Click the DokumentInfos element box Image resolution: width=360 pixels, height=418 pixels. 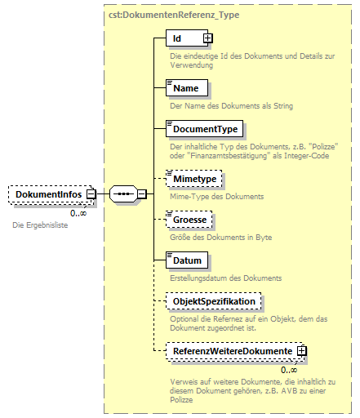point(47,194)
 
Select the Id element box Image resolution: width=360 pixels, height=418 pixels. point(184,38)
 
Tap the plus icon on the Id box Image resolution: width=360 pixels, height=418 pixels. point(207,38)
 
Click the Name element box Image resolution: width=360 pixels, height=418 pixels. point(185,87)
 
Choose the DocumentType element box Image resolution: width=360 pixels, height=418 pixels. point(204,129)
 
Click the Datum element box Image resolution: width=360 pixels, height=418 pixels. point(186,261)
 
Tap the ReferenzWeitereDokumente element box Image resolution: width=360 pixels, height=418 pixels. point(231,351)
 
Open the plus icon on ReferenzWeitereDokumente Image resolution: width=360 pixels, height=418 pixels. point(302,351)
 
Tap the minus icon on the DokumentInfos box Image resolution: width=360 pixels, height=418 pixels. point(91,194)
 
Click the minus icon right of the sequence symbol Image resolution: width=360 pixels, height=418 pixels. point(141,194)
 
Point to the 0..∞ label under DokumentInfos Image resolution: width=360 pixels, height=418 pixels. point(78,212)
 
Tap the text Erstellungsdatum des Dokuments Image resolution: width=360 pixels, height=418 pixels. point(224,278)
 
